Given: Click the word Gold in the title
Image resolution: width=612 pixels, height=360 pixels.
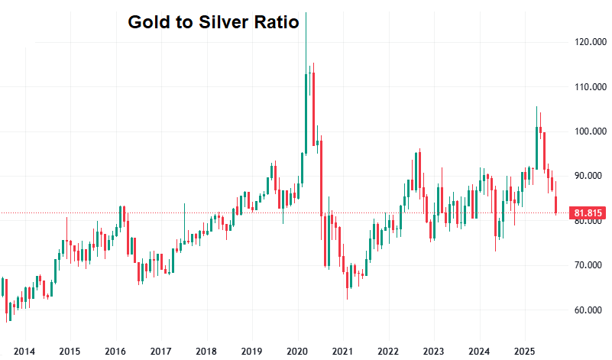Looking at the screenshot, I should pyautogui.click(x=145, y=22).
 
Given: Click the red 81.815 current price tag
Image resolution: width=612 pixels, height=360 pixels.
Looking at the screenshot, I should pyautogui.click(x=584, y=213).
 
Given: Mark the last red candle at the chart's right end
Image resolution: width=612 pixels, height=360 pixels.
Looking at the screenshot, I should pyautogui.click(x=555, y=205).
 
